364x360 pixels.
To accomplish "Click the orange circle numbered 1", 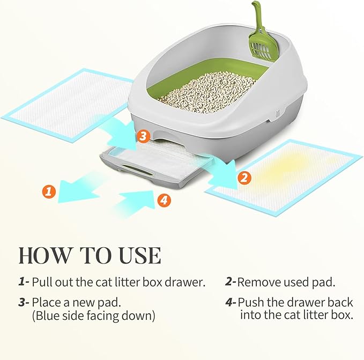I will pyautogui.click(x=49, y=192).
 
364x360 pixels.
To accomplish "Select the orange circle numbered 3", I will pyautogui.click(x=142, y=136).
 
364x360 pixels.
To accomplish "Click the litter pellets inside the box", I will pyautogui.click(x=209, y=91).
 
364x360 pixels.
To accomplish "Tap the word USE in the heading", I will pyautogui.click(x=137, y=255).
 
